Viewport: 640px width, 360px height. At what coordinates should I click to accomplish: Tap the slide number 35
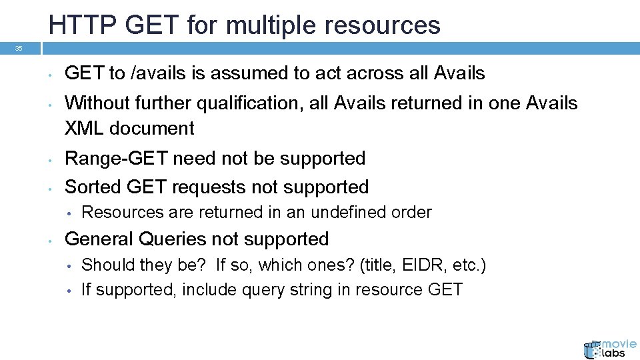[x=19, y=49]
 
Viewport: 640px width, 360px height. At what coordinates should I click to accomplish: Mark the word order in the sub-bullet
[x=414, y=213]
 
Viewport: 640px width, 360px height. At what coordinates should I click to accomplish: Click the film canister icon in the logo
[x=592, y=350]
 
